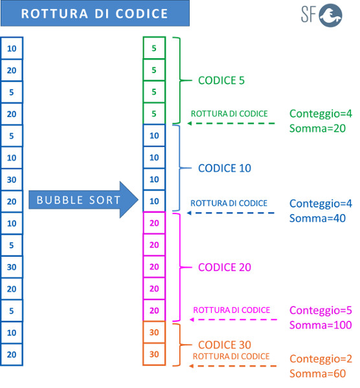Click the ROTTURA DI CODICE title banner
tap(95, 13)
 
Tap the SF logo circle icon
tap(330, 16)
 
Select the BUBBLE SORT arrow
tap(84, 200)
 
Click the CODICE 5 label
tap(221, 80)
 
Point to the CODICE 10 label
tap(225, 168)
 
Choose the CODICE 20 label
tap(225, 267)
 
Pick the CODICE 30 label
tap(225, 345)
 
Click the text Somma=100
tap(321, 325)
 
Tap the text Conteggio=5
tap(321, 310)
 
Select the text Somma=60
tap(318, 373)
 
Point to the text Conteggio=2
tap(321, 359)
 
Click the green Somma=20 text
tap(318, 129)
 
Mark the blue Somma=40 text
tap(318, 219)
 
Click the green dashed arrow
tap(231, 124)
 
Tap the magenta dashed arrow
tap(233, 319)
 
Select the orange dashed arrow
tap(232, 366)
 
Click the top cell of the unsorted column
tap(12, 48)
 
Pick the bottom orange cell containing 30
tap(154, 354)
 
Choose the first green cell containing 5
tap(154, 48)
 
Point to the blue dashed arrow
tap(231, 213)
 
